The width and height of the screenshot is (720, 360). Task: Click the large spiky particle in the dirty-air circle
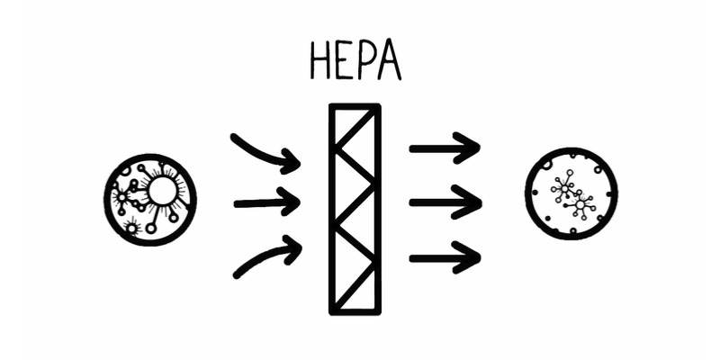tap(162, 191)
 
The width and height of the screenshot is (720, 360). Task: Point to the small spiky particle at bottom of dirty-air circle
tap(133, 230)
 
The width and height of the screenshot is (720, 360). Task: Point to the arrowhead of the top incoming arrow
tap(291, 163)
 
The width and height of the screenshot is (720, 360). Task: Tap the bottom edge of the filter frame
tap(355, 311)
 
